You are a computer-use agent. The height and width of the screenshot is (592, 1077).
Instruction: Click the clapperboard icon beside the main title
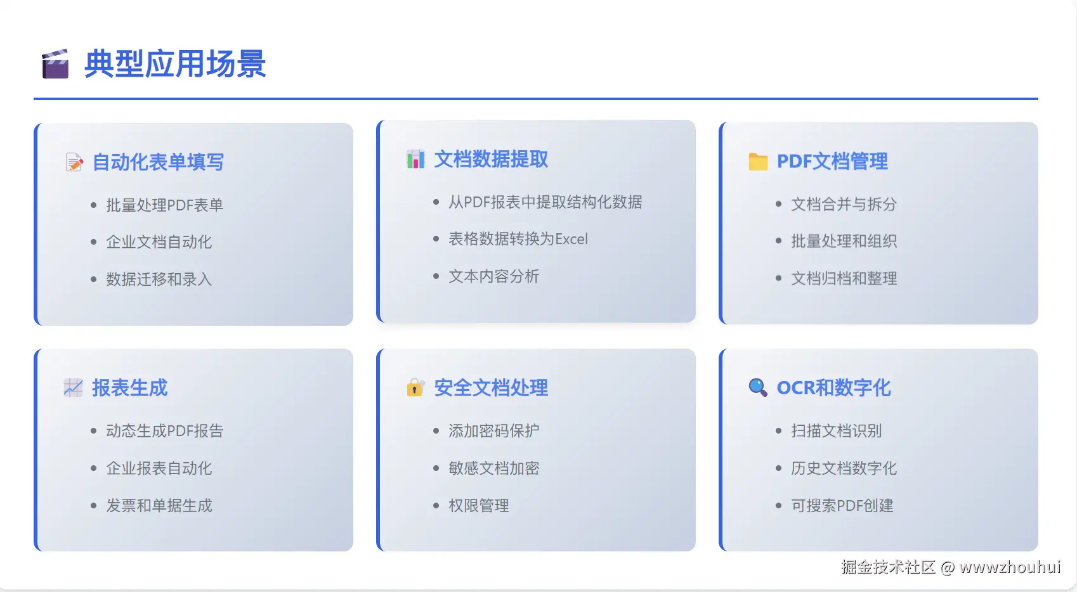pos(55,63)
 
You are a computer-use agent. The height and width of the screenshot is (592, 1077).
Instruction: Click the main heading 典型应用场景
pos(175,63)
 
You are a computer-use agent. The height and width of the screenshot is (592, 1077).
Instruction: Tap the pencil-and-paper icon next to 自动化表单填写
pos(74,162)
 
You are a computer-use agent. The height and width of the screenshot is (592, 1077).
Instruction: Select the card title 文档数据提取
pos(491,159)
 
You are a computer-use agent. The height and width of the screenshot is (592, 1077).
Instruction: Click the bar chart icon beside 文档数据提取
pos(415,159)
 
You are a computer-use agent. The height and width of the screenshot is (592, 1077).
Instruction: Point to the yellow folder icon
pos(758,162)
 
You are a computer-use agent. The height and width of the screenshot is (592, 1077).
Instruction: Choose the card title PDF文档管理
pos(832,162)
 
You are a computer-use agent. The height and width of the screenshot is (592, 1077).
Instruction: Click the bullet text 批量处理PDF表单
pos(164,205)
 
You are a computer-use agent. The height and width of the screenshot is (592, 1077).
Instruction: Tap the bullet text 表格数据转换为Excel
pos(518,239)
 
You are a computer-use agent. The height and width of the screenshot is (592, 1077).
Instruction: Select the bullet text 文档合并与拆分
pos(844,204)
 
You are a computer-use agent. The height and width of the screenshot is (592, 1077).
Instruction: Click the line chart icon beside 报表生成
pos(73,388)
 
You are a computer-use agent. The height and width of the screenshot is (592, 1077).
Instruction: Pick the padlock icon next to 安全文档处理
pos(415,387)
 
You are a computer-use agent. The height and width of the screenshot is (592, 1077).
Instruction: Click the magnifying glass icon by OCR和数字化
pos(758,387)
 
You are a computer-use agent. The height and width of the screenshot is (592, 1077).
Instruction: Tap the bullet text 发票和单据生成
pos(159,506)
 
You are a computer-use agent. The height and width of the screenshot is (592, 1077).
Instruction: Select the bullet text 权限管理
pos(478,506)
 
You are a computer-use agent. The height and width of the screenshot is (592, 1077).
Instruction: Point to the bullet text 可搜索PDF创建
pos(842,506)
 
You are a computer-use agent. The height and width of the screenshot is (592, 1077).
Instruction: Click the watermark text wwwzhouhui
pos(1010,567)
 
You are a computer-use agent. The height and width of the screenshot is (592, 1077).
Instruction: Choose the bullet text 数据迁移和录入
pos(159,279)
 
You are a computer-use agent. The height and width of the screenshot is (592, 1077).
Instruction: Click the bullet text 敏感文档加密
pos(494,468)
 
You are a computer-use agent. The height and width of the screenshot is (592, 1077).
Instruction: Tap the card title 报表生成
pos(129,388)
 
